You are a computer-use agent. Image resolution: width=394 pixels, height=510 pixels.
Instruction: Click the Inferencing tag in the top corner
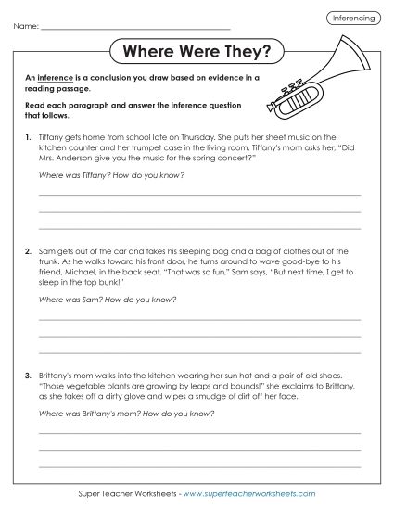coord(351,18)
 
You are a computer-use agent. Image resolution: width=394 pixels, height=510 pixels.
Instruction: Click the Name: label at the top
coord(29,27)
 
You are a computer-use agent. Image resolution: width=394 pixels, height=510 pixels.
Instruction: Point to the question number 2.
coord(29,251)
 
